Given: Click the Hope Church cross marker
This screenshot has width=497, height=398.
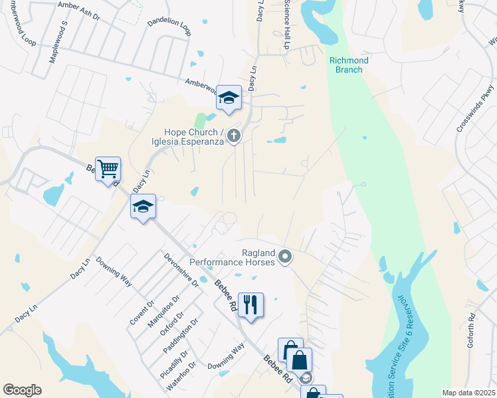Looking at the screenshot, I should pos(233,137).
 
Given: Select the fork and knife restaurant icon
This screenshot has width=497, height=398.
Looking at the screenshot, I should pos(250,304).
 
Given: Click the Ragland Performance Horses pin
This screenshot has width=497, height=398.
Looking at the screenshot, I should pos(285,256).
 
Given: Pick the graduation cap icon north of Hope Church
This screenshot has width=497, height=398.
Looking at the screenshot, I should pos(229,98).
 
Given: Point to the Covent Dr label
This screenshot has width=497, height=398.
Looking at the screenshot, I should pos(142,312).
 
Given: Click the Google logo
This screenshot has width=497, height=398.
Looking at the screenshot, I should pos(22,390).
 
